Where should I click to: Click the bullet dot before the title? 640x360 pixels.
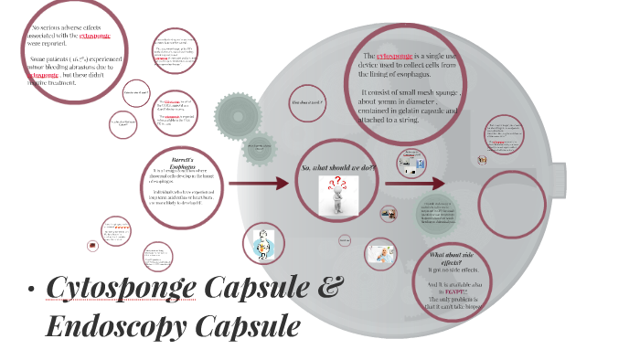31,292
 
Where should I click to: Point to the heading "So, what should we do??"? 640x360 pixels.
338,168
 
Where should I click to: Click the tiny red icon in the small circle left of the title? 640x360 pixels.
92,246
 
